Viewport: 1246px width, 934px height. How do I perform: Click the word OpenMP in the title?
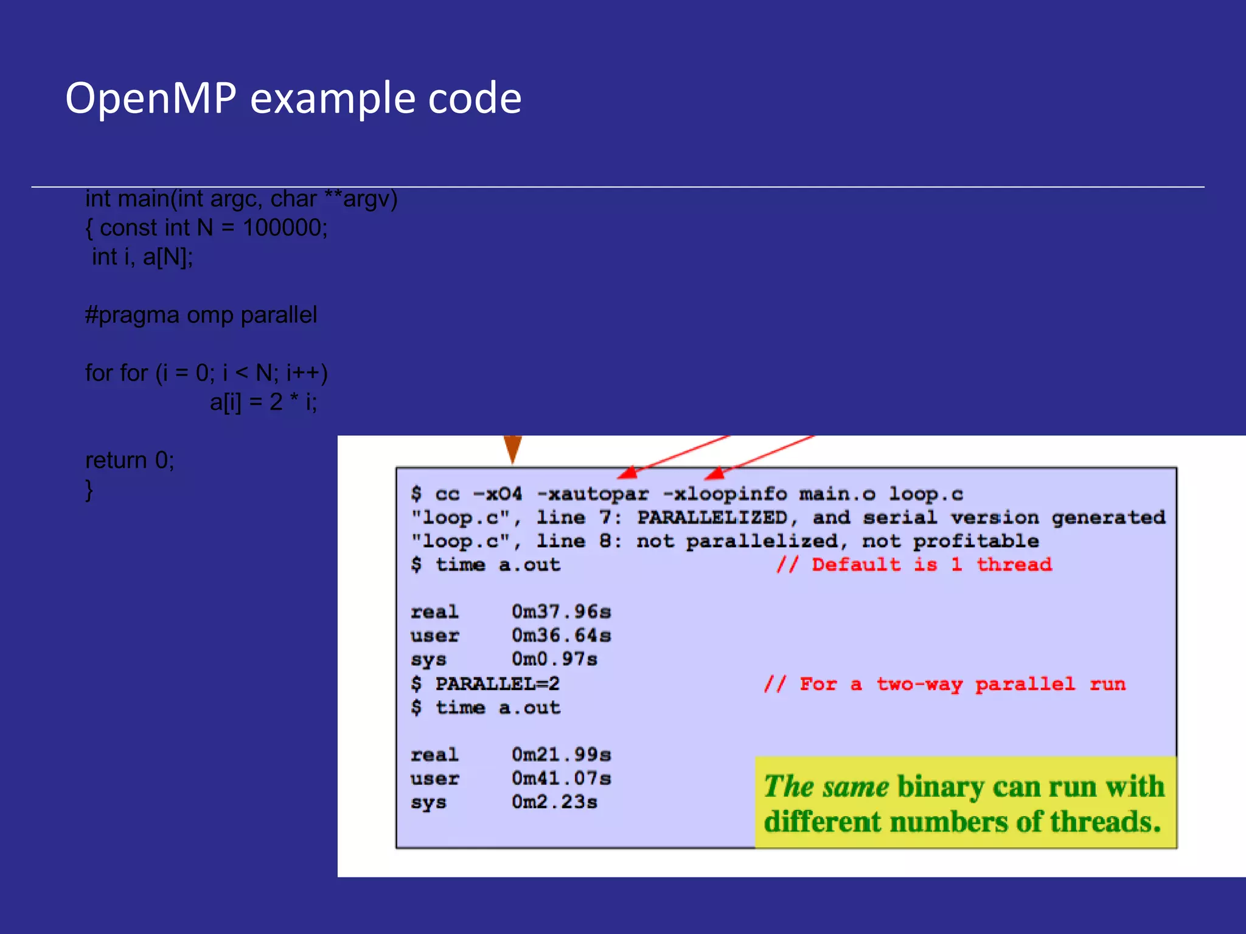(x=150, y=98)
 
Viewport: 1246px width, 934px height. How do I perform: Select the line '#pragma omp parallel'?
(x=201, y=315)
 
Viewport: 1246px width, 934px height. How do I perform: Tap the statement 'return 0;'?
(x=130, y=460)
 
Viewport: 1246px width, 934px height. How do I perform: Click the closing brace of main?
(x=89, y=489)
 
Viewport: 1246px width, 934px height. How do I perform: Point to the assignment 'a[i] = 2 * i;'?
(x=263, y=402)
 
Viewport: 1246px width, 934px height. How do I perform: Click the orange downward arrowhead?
(x=512, y=449)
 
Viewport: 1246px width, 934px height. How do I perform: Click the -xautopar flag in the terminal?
(x=593, y=494)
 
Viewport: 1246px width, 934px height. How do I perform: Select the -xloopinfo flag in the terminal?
(x=724, y=494)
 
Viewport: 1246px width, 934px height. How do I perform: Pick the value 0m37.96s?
(x=561, y=612)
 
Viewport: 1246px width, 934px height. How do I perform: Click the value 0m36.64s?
(x=561, y=635)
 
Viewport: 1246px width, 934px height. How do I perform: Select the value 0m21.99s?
(x=561, y=755)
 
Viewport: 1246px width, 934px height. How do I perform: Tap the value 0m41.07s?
(x=561, y=778)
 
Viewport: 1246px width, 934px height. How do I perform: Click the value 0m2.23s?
(x=554, y=802)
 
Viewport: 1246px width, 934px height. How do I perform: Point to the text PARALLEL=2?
(x=497, y=684)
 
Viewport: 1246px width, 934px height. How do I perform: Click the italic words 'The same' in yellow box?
(x=826, y=786)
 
